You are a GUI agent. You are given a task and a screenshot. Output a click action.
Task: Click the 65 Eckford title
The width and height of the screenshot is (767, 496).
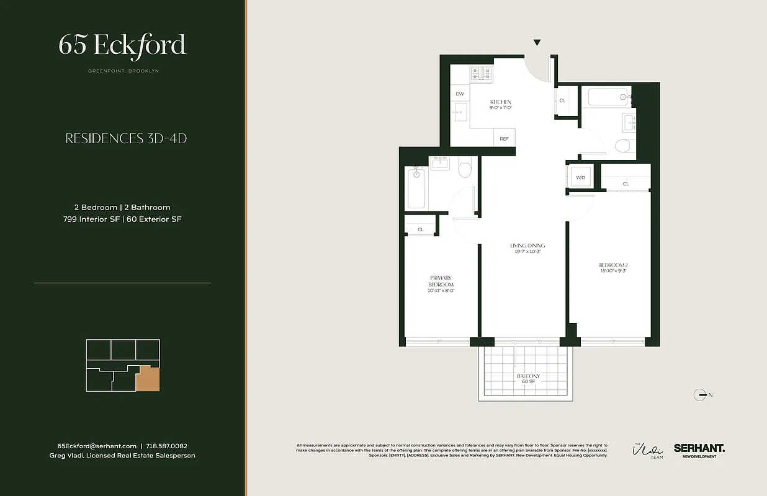(x=122, y=45)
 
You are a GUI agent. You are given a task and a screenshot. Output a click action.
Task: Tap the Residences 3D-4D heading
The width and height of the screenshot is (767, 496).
(x=126, y=138)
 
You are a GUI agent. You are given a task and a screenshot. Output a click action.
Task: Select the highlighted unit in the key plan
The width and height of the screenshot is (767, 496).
(x=148, y=378)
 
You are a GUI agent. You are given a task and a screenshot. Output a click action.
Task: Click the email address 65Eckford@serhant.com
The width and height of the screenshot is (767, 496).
(x=97, y=446)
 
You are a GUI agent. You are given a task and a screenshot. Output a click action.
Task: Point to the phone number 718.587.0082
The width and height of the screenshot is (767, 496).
(x=166, y=446)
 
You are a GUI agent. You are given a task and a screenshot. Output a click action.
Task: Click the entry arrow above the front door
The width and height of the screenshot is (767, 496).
(x=537, y=43)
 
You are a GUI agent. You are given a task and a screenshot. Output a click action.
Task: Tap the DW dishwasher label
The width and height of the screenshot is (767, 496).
(x=460, y=94)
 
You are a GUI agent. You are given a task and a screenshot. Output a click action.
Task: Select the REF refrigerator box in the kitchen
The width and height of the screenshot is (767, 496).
(x=504, y=139)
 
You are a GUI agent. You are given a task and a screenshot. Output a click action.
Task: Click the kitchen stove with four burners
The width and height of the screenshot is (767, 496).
(x=480, y=74)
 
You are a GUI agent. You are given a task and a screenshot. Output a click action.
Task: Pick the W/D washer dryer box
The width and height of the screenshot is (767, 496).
(x=581, y=177)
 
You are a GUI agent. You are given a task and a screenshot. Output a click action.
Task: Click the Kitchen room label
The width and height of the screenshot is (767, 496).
(x=500, y=105)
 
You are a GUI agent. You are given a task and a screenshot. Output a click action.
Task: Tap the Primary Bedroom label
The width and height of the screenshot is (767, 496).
(x=441, y=284)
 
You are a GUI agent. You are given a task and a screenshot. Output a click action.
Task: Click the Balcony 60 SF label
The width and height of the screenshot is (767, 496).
(x=529, y=379)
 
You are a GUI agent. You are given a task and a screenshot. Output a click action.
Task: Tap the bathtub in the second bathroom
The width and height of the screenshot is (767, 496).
(x=606, y=97)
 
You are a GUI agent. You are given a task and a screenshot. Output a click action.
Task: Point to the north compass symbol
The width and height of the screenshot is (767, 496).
(x=702, y=394)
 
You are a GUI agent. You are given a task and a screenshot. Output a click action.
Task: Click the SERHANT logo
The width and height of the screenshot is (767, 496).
(x=699, y=449)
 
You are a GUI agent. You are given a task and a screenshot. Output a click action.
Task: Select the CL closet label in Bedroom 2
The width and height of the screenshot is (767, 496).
(x=626, y=184)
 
